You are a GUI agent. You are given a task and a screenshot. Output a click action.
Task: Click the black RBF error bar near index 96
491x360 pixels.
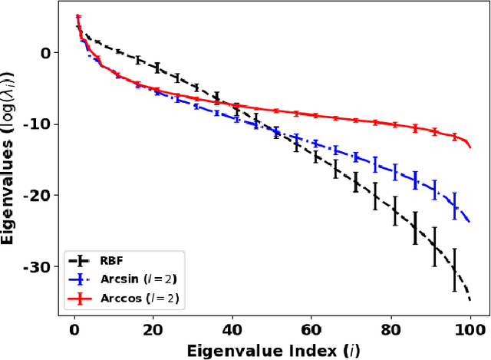[454, 268]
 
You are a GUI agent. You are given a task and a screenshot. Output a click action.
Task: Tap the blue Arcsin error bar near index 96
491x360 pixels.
[454, 203]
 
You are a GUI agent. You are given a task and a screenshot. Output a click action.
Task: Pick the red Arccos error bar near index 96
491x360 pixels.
[454, 137]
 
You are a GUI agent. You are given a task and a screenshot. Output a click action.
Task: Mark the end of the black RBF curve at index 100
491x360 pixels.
[470, 299]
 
